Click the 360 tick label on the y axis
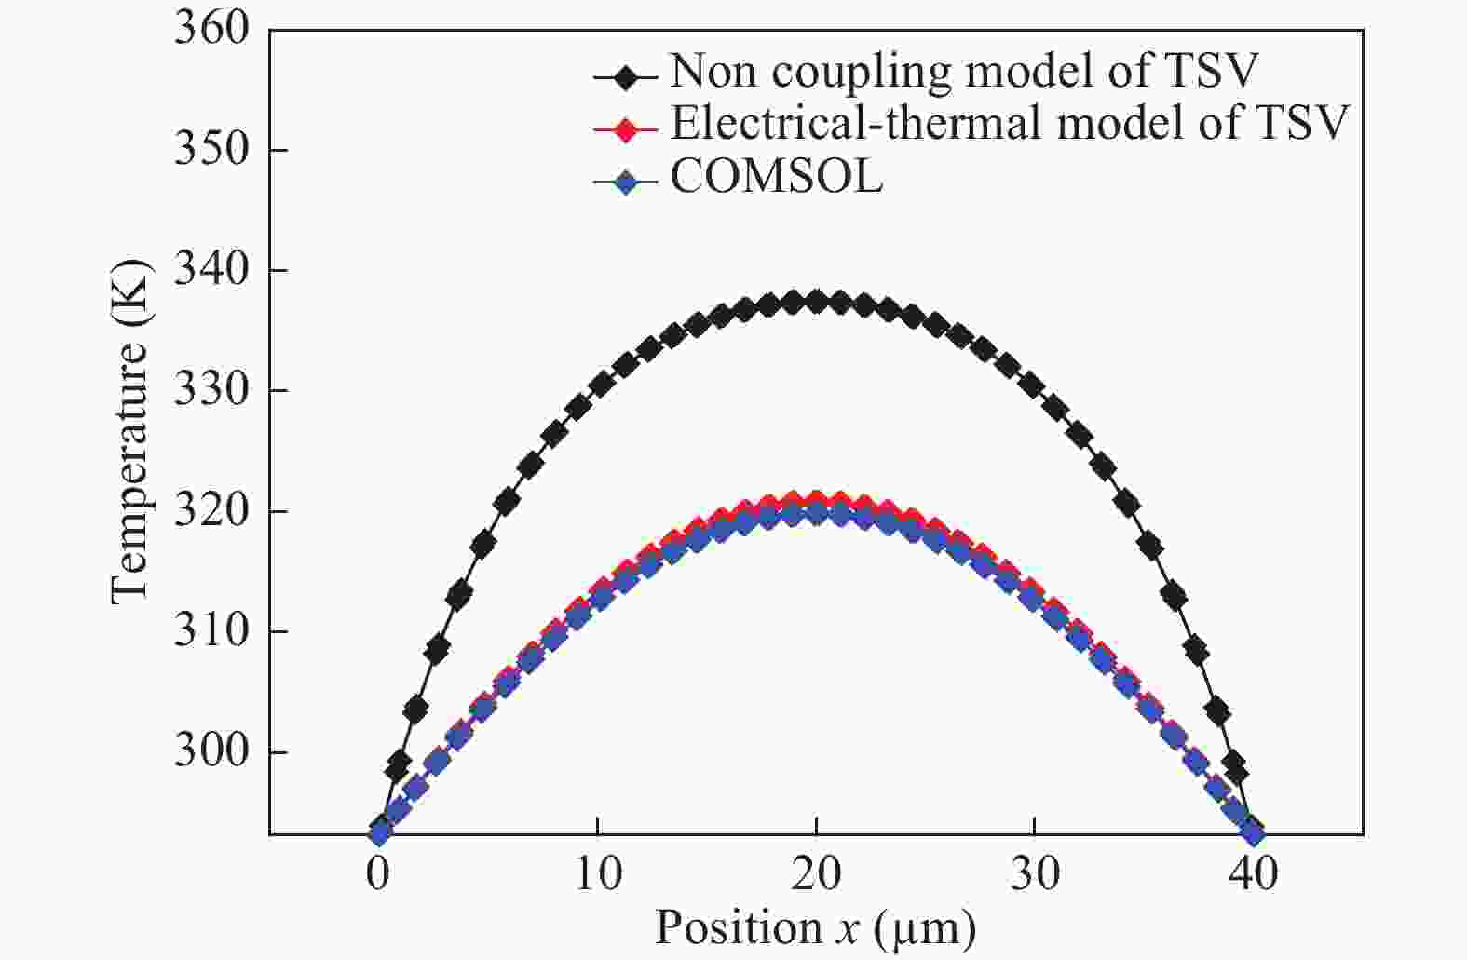point(212,29)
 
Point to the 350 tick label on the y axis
point(212,149)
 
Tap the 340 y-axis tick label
point(212,270)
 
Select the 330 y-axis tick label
point(212,390)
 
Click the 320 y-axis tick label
point(212,511)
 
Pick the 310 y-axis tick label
point(212,631)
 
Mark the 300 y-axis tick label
point(212,751)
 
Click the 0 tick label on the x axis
point(378,875)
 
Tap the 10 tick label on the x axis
point(597,875)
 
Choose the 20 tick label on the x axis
point(816,875)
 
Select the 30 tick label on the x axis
point(1035,875)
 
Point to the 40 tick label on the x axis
point(1254,875)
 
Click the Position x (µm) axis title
point(816,928)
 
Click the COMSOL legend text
point(776,177)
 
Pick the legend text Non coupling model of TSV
point(964,71)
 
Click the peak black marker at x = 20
point(816,302)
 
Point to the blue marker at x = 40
point(1254,832)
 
